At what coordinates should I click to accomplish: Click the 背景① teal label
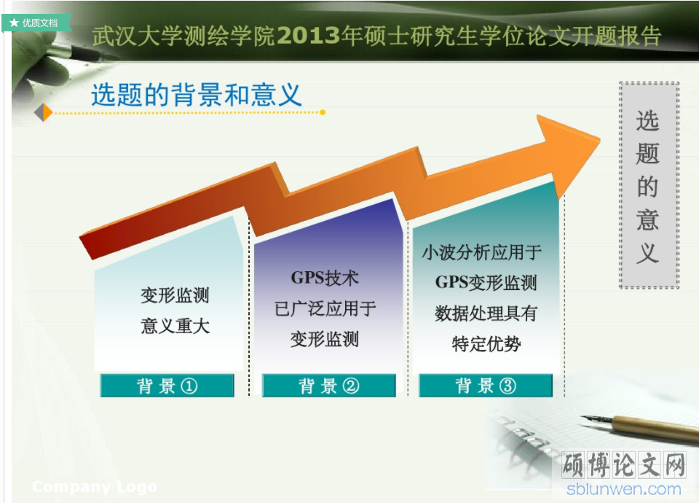tap(167, 386)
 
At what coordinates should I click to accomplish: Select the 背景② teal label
tap(329, 386)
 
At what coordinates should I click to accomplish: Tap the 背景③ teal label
tap(486, 386)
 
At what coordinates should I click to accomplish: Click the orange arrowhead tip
tap(599, 139)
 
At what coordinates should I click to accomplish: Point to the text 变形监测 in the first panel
tap(175, 295)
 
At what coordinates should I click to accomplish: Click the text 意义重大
tap(175, 326)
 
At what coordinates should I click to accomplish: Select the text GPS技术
tap(325, 278)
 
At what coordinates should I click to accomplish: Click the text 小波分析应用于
tap(481, 253)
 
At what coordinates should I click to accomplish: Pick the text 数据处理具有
tap(486, 313)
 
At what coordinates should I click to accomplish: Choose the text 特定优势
tap(486, 344)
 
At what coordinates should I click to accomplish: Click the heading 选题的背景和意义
tap(196, 95)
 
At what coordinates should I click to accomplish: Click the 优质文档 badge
tap(36, 23)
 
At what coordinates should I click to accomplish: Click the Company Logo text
tap(95, 486)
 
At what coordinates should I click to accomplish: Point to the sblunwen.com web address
tap(624, 489)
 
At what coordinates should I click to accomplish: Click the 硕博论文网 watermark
tap(624, 465)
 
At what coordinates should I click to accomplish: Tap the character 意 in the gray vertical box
tap(648, 220)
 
